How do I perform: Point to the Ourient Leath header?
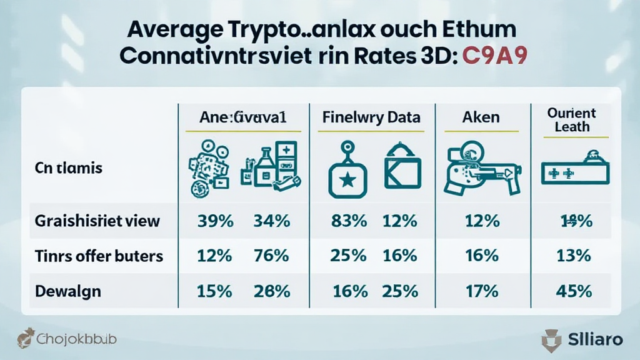pos(571,119)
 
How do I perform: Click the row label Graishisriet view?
pos(98,221)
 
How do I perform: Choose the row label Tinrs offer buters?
pos(100,256)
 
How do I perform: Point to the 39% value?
pos(216,221)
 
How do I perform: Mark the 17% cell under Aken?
pos(482,291)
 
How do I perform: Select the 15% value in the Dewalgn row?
pos(216,291)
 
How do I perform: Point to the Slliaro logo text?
pos(596,339)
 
